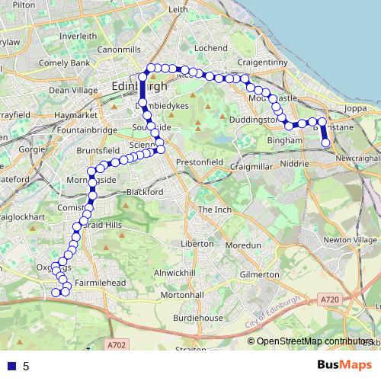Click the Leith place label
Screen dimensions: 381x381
(x=178, y=10)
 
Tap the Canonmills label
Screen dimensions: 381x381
(x=119, y=50)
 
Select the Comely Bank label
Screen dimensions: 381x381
(x=64, y=62)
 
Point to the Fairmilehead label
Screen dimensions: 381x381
(x=100, y=282)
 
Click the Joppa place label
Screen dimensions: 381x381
(x=356, y=108)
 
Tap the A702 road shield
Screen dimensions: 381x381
(x=116, y=345)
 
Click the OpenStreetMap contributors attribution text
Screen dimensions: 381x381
(x=313, y=341)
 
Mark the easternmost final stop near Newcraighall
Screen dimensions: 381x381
(x=326, y=142)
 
